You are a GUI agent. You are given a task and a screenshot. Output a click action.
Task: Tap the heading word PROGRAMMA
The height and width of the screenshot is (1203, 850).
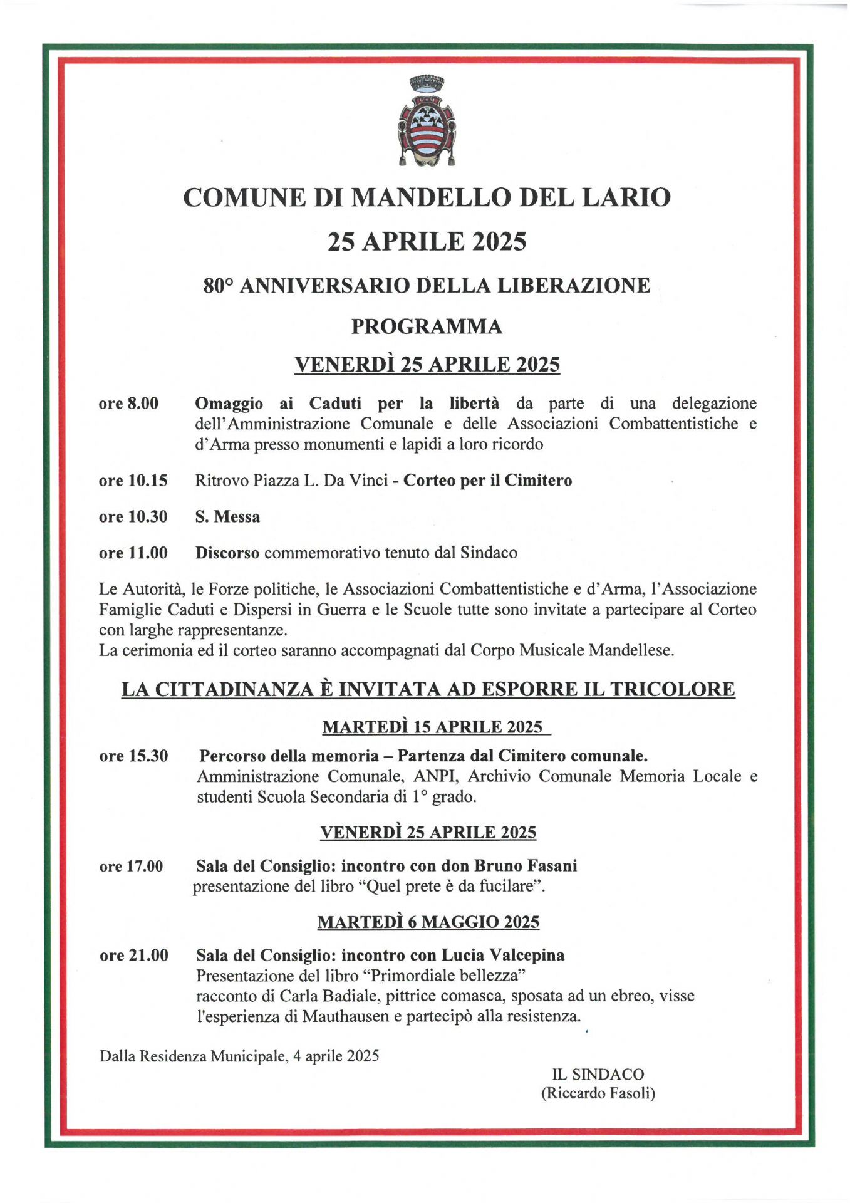[427, 326]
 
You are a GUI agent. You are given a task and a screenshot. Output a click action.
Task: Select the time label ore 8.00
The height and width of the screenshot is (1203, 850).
[128, 404]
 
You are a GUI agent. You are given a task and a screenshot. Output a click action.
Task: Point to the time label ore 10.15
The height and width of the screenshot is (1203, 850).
[133, 481]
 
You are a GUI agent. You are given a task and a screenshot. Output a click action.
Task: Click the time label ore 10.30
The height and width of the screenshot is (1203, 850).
[133, 517]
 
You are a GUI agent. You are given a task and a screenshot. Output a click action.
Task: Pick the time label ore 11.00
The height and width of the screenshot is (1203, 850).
[133, 553]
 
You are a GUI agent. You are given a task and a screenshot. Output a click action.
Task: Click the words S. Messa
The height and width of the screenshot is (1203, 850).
[227, 517]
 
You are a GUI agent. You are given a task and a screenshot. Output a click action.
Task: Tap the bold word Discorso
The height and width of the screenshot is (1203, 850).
[227, 553]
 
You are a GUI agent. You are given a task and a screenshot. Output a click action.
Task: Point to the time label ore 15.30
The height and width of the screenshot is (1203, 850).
[133, 756]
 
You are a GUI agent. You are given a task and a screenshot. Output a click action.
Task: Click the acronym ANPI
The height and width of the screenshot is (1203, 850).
[436, 776]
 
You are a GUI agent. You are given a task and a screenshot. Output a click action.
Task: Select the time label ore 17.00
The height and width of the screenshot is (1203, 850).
[131, 867]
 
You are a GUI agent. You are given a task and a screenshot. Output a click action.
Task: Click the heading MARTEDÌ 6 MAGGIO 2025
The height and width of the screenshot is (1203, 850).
[428, 922]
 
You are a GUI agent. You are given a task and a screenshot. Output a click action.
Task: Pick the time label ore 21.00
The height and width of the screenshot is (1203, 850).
[134, 956]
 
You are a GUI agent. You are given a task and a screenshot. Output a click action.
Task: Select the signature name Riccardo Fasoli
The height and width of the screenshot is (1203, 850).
[598, 1093]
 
